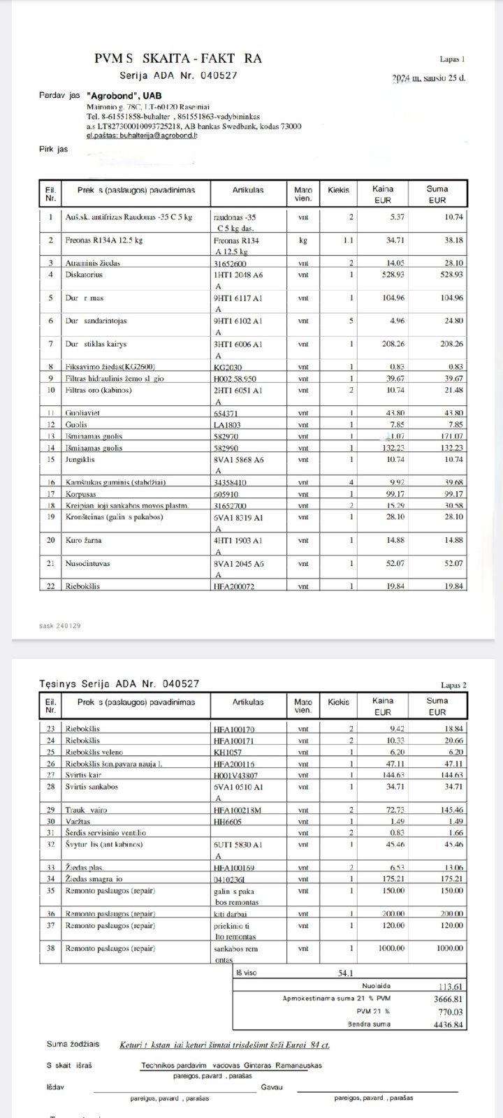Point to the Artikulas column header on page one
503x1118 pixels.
[x=248, y=189]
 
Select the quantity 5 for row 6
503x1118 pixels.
[x=351, y=321]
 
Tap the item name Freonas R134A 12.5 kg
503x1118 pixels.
[x=104, y=240]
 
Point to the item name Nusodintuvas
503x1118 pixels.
[x=87, y=563]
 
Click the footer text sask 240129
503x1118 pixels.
[x=59, y=625]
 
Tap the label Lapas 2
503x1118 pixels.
[x=453, y=685]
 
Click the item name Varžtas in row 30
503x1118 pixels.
[x=77, y=821]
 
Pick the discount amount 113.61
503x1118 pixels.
[x=449, y=987]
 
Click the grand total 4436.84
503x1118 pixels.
[x=448, y=1024]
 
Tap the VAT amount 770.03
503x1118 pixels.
[x=449, y=1011]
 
